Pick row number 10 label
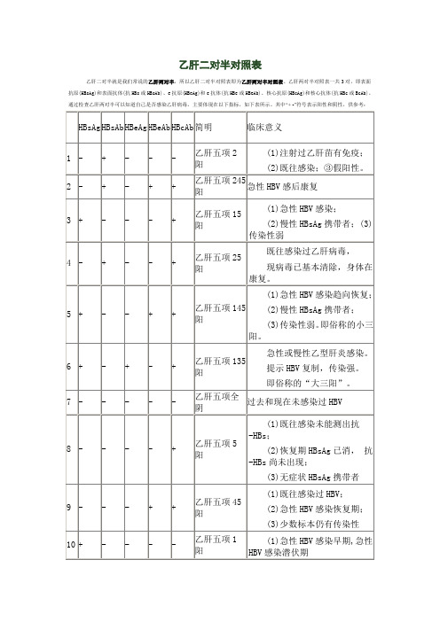71,540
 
